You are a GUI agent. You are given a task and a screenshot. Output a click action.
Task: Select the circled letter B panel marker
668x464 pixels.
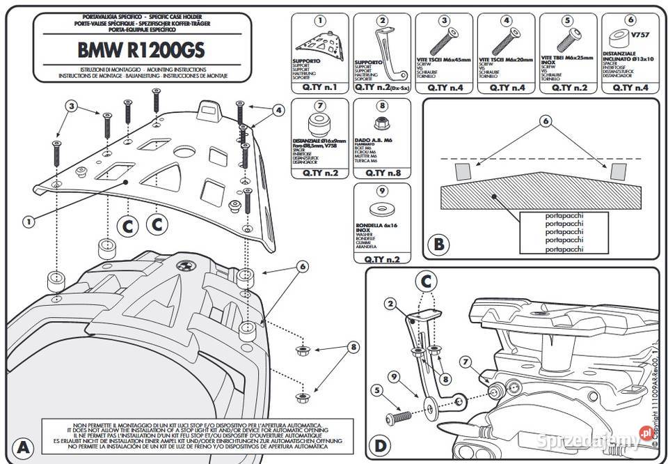[x=439, y=245]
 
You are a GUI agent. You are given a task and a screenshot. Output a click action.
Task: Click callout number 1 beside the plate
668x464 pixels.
[x=29, y=222]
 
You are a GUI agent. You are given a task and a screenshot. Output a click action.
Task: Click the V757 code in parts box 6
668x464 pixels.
[x=638, y=33]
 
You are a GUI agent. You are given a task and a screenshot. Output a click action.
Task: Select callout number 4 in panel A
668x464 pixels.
[x=278, y=110]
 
